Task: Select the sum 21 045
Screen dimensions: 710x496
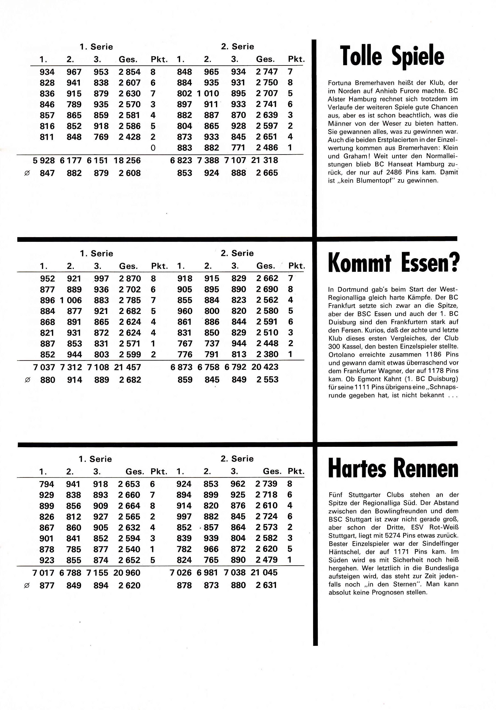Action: [264, 573]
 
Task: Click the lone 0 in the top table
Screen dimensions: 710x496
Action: [153, 148]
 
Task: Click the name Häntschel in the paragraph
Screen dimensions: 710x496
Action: [342, 552]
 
